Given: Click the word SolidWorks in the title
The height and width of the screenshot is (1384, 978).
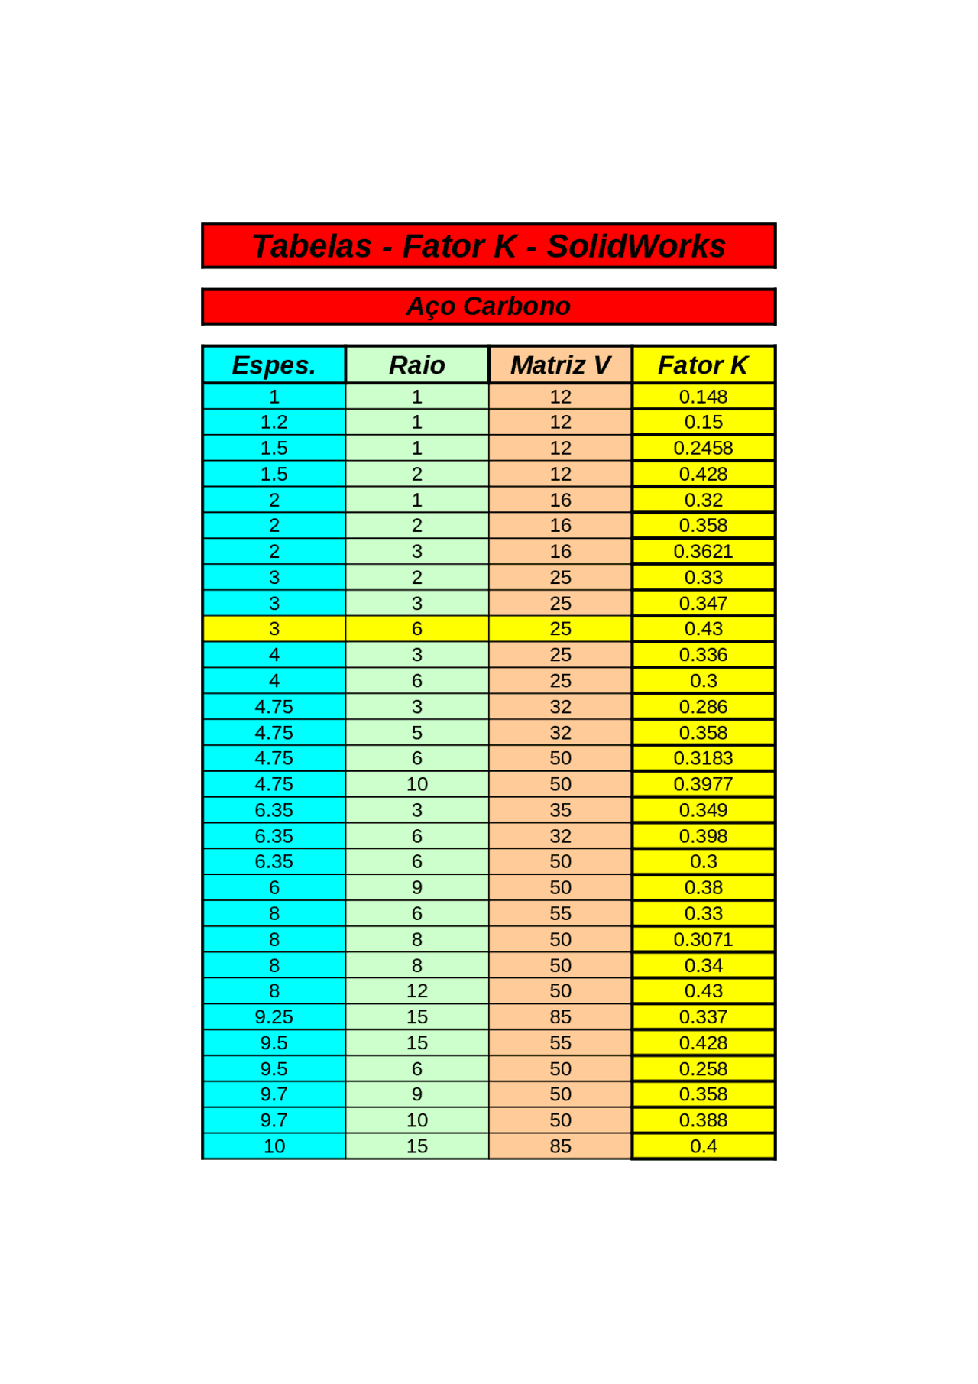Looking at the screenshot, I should [636, 247].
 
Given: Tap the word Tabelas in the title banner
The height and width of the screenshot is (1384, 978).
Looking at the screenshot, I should [312, 247].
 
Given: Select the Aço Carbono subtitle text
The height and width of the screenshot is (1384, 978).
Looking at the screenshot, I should [488, 306].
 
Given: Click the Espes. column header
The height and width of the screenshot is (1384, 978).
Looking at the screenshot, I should [274, 365].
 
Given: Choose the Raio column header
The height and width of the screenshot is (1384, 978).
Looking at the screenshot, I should [416, 365].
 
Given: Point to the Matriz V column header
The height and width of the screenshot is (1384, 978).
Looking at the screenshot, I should [560, 365].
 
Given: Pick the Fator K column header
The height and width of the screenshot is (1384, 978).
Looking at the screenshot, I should [703, 365].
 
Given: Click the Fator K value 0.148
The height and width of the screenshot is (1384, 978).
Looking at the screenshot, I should [703, 397].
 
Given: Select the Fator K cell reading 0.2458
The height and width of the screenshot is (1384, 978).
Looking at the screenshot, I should [703, 448].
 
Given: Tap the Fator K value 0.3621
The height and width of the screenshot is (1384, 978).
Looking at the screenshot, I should [703, 551].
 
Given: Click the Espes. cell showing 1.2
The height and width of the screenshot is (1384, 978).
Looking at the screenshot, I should [274, 422].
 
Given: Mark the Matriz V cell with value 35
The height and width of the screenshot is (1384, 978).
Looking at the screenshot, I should [560, 810].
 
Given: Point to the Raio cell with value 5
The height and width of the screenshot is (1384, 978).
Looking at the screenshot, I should [416, 733].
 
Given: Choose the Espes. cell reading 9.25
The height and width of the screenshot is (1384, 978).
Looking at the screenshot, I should [274, 1017].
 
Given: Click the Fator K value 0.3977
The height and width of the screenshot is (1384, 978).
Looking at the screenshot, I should [703, 784].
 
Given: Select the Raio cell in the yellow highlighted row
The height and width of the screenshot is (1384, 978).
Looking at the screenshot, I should [416, 629].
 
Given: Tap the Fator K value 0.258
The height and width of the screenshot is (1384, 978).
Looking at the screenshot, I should [703, 1069].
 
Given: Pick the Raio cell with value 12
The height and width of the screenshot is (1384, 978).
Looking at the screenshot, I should [416, 991].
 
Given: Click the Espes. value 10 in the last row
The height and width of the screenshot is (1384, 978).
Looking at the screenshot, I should [274, 1146].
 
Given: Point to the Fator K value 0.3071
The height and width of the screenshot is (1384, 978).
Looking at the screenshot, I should [703, 939].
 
